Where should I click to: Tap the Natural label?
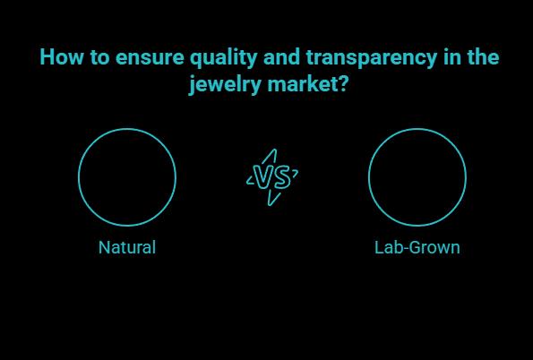coord(126,247)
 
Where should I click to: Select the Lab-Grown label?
coord(417,247)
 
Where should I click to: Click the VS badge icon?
coord(272,177)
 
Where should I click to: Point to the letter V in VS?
coord(264,177)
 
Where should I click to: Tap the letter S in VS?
coord(280,177)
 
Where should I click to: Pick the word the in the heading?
coord(481,58)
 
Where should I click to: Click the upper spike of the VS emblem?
coord(272,156)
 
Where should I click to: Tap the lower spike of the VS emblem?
coord(271,199)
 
